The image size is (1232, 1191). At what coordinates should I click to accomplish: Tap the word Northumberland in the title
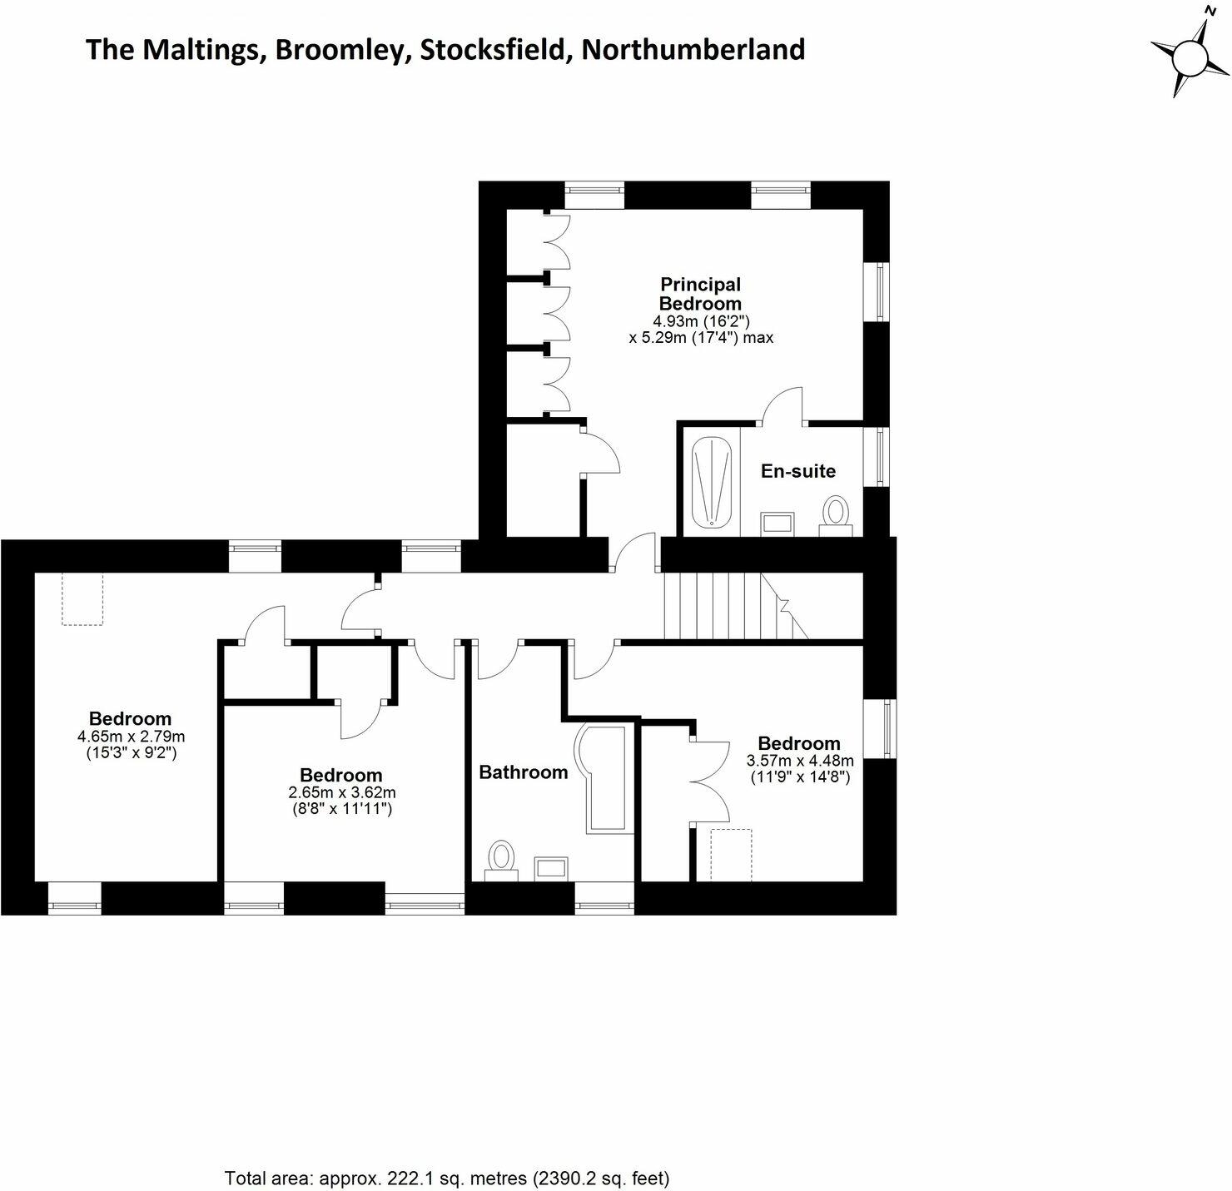pos(693,49)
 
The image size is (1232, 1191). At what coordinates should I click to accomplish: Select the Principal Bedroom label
pos(700,294)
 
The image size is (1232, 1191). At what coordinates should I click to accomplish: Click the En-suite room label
pos(797,471)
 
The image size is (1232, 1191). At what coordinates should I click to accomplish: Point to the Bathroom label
pos(523,772)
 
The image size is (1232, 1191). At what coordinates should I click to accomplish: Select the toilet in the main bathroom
pos(501,861)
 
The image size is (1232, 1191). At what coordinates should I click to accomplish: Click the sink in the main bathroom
pos(551,868)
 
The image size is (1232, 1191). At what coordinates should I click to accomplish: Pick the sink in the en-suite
pos(778,524)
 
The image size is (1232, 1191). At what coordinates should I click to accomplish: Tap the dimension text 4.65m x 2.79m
pos(131,737)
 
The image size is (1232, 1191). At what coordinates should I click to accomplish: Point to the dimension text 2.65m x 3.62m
pos(342,792)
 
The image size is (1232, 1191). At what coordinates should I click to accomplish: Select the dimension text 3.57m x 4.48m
pos(800,760)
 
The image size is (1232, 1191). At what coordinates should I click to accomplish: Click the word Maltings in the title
pos(202,51)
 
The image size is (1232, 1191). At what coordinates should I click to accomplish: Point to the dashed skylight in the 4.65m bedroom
pos(82,599)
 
